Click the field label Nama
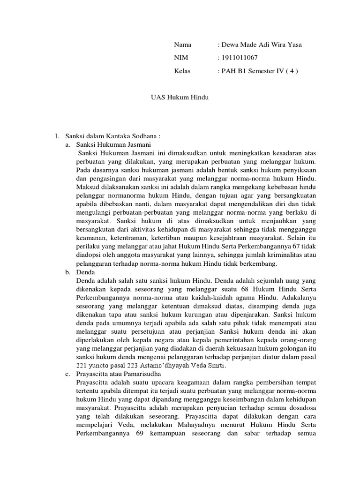(183, 45)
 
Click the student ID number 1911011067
(238, 58)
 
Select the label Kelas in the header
(183, 71)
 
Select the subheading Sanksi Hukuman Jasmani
(109, 145)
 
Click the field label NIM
(181, 58)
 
